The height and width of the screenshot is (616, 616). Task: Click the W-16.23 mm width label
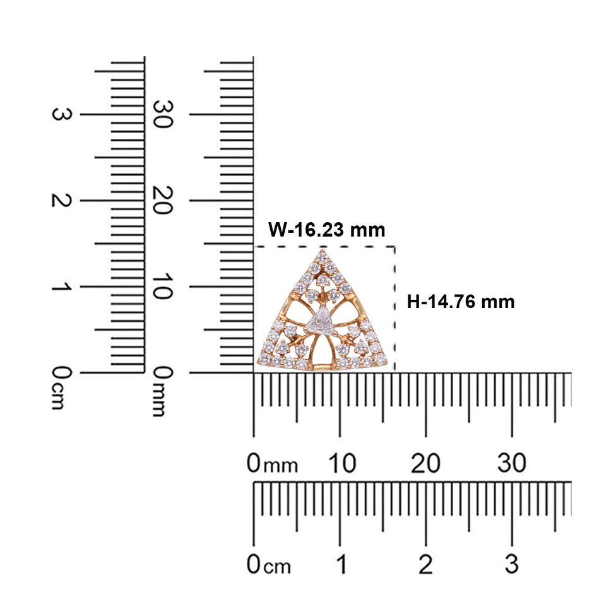pos(326,230)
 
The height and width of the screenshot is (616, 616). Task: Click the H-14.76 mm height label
pos(461,302)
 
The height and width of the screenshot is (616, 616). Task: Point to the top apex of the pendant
pos(323,250)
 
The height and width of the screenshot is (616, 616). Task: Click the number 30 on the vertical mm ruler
pos(162,114)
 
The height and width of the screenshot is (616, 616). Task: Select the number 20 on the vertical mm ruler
pos(162,200)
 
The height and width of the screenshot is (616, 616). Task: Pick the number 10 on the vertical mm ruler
pos(162,287)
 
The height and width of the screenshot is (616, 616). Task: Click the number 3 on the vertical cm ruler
pos(62,114)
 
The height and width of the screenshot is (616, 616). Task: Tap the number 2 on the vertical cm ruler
pos(62,200)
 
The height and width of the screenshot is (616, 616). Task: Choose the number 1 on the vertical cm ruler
pos(62,287)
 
